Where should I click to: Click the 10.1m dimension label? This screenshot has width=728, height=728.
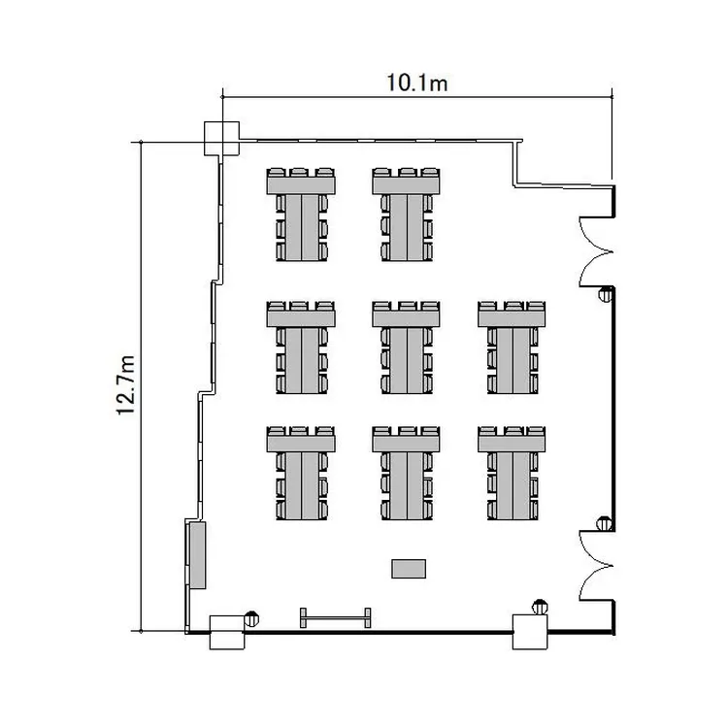click(x=417, y=83)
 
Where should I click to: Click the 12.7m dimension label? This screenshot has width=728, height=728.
click(x=126, y=385)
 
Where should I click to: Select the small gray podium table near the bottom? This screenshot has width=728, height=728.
click(x=409, y=569)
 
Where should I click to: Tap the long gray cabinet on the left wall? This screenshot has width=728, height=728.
click(x=197, y=555)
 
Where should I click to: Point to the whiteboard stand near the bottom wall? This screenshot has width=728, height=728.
click(x=335, y=618)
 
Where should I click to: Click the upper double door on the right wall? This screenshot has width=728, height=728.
click(x=596, y=251)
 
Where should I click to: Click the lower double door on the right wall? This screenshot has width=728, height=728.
click(x=596, y=566)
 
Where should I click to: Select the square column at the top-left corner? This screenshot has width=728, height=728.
click(x=222, y=139)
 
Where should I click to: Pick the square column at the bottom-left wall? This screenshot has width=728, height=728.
click(x=227, y=632)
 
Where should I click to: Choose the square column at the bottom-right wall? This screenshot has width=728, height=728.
click(x=530, y=632)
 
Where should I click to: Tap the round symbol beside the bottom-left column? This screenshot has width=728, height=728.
click(x=251, y=618)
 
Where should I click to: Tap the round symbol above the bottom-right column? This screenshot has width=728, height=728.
click(x=540, y=607)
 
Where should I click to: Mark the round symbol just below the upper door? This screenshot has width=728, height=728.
click(x=606, y=294)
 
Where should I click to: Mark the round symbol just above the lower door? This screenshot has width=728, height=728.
click(x=604, y=523)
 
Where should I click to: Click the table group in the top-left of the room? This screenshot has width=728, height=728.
click(x=301, y=215)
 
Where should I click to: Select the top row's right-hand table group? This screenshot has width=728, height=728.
click(x=407, y=215)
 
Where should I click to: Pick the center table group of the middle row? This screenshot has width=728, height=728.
click(x=407, y=347)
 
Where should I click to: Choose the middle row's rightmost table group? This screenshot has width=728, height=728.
click(x=512, y=347)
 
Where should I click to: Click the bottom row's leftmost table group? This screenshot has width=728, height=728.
click(x=301, y=473)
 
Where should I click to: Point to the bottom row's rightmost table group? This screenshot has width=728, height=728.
click(x=512, y=473)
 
